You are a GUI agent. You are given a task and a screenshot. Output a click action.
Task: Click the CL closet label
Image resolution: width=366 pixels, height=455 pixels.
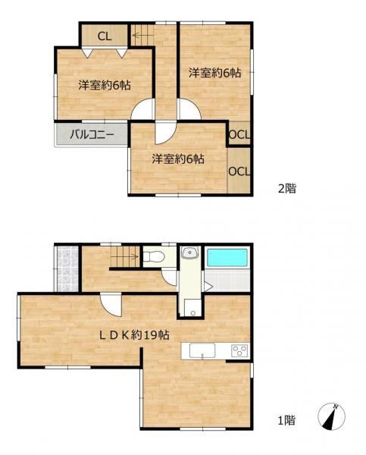[x=105, y=36]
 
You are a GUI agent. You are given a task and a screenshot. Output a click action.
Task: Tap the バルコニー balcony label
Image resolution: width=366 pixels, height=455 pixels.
[x=92, y=135]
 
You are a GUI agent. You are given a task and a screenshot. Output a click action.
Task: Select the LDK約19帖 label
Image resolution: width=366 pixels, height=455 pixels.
[x=135, y=335]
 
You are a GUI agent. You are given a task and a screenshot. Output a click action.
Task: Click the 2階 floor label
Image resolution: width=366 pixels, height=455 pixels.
[x=287, y=189]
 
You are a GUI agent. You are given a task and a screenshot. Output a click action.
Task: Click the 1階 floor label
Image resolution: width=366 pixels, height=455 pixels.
[x=287, y=420]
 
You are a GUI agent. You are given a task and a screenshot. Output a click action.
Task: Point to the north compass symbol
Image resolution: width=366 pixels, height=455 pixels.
[x=331, y=416]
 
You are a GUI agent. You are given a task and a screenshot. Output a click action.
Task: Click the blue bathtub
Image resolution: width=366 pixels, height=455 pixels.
[x=227, y=259]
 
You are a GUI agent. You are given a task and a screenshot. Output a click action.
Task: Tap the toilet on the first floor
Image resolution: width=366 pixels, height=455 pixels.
[x=154, y=256]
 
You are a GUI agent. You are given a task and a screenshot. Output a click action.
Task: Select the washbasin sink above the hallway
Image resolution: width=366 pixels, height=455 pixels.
[x=190, y=253]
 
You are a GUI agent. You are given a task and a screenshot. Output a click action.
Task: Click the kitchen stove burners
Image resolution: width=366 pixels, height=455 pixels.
[x=240, y=350]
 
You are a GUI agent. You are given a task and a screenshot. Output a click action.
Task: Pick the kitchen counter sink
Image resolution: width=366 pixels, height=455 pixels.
[x=202, y=350]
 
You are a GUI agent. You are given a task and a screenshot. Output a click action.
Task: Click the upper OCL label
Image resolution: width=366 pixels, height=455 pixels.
[x=239, y=135]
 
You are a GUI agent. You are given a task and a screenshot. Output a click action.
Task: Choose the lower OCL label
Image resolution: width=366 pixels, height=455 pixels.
[x=239, y=171]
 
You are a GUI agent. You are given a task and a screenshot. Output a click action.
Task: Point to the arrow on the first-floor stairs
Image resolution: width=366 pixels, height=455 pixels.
[x=126, y=256]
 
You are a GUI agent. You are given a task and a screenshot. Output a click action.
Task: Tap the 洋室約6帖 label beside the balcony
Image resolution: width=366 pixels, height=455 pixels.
[x=105, y=85]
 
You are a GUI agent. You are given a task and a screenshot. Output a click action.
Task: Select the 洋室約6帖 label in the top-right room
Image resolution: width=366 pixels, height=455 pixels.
[x=215, y=73]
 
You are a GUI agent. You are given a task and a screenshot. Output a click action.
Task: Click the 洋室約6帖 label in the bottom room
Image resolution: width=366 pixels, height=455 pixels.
[x=178, y=158]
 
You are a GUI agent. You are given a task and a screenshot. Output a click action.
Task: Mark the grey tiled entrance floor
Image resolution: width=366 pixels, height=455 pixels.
[x=67, y=268]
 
